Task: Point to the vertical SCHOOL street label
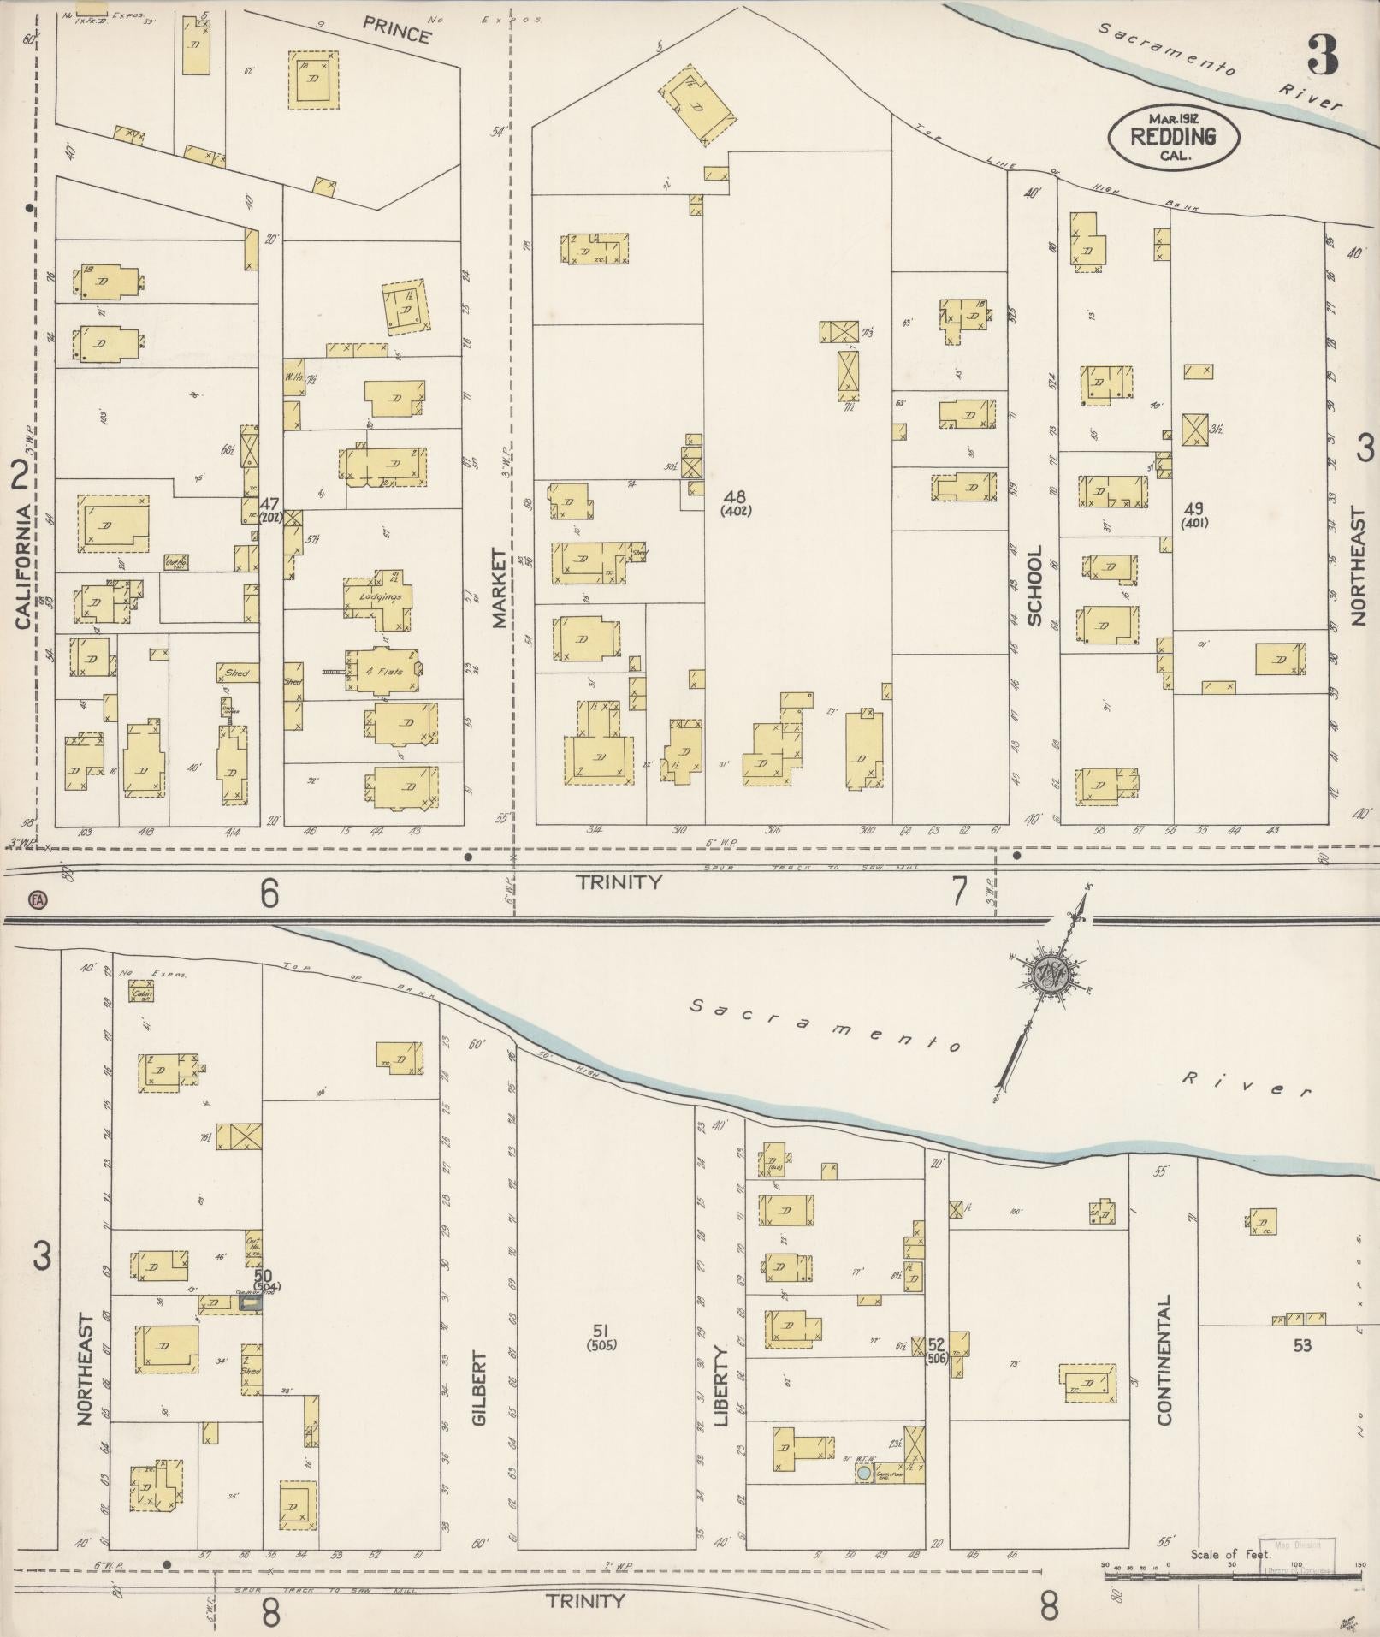point(1034,586)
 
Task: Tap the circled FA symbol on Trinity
point(37,899)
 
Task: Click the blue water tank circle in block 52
point(864,1473)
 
